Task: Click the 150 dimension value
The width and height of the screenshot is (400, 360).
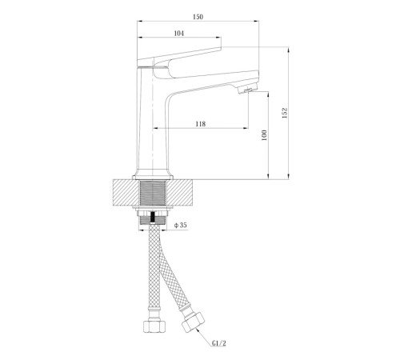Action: click(198, 17)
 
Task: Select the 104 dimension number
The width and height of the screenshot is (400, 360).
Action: click(179, 34)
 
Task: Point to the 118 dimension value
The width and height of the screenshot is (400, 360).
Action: click(201, 124)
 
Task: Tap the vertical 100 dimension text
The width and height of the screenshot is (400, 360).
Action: click(264, 135)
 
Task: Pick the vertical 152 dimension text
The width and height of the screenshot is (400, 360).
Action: click(285, 113)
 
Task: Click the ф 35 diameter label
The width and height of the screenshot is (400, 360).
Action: click(181, 226)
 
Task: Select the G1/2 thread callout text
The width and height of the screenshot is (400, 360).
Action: click(219, 343)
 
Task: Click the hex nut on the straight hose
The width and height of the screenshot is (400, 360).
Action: click(154, 326)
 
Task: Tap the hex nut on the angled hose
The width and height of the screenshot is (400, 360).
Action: click(193, 322)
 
